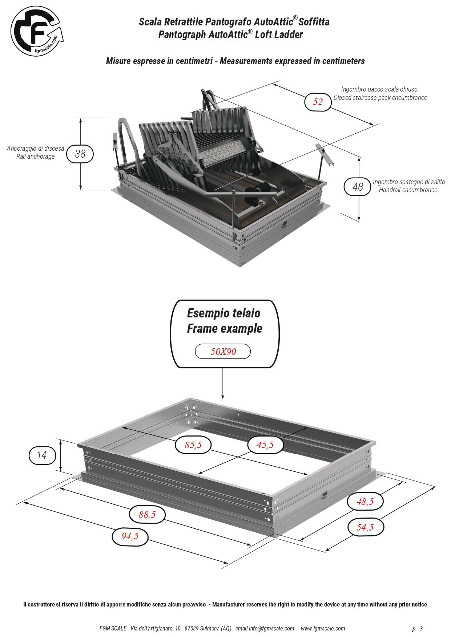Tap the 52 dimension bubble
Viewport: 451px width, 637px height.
click(x=318, y=102)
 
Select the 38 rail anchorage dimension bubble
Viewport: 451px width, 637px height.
click(x=80, y=154)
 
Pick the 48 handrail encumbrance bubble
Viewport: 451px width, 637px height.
click(x=358, y=187)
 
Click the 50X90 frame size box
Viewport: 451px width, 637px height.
click(x=223, y=351)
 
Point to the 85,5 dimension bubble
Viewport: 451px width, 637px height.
click(x=193, y=445)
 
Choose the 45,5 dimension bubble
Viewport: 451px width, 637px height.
click(x=265, y=445)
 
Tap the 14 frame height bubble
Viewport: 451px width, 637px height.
click(x=42, y=455)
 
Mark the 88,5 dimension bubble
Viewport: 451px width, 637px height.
click(x=147, y=514)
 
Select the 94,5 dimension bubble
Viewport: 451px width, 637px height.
click(x=130, y=536)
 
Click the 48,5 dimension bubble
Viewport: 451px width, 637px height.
click(x=365, y=502)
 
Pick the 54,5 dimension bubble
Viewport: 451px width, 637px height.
click(x=365, y=527)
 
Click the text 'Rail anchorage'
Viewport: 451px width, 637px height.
click(x=36, y=157)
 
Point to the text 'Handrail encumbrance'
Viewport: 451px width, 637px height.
click(x=408, y=190)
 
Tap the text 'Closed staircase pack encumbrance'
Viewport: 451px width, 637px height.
click(x=380, y=97)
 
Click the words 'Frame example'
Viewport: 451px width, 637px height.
click(x=225, y=328)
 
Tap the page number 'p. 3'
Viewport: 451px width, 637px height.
click(x=418, y=628)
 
